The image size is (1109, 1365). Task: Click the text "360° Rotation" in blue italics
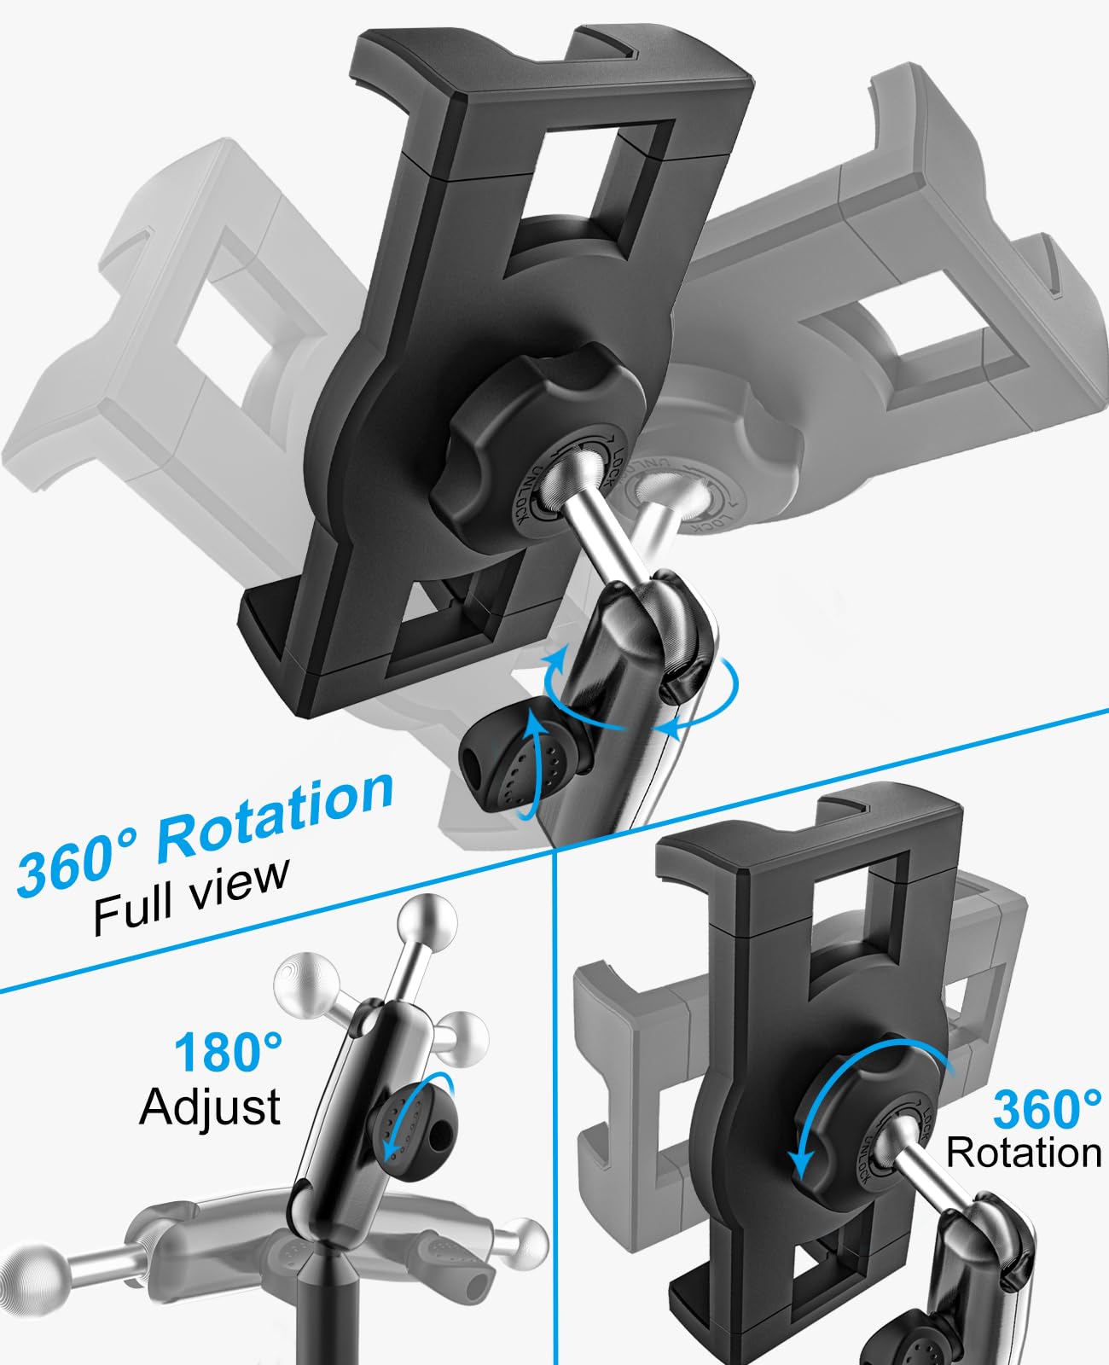[205, 832]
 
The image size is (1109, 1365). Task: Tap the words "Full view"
[192, 896]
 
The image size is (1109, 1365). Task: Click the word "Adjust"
[210, 1107]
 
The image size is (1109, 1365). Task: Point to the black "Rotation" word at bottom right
[1024, 1153]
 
